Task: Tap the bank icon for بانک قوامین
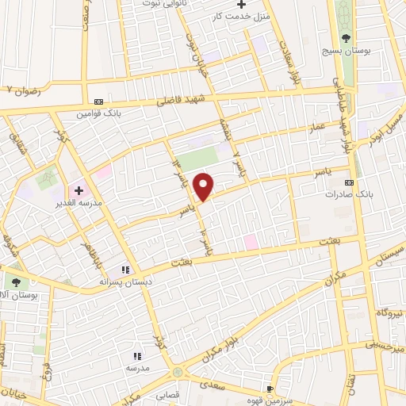(98, 102)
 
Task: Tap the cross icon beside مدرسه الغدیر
(79, 190)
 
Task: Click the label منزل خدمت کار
(247, 16)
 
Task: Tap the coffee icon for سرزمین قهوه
(270, 388)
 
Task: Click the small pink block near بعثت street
(251, 241)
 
